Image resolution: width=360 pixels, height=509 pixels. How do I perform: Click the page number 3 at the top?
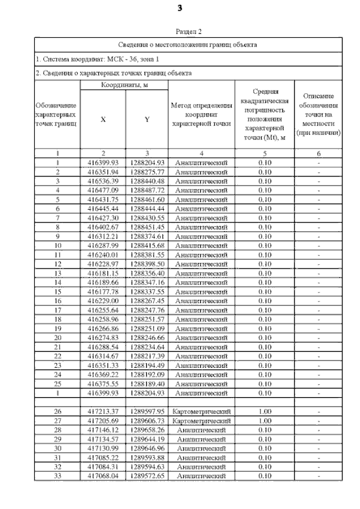(180, 8)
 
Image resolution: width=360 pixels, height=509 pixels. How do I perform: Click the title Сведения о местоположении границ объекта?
(188, 44)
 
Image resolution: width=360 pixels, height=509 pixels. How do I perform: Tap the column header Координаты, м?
(124, 85)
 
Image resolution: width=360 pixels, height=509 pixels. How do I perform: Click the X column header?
(103, 119)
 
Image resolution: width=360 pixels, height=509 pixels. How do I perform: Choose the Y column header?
(146, 119)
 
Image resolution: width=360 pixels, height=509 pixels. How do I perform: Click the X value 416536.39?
(103, 181)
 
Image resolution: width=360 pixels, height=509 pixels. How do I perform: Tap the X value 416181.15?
(103, 273)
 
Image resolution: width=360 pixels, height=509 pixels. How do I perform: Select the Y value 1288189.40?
(146, 383)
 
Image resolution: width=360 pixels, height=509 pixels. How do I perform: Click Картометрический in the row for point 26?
(201, 411)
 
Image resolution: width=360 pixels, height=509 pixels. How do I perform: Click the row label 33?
(57, 476)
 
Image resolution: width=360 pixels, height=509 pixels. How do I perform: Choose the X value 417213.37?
(103, 411)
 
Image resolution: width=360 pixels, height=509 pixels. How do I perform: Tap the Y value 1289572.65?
(146, 476)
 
